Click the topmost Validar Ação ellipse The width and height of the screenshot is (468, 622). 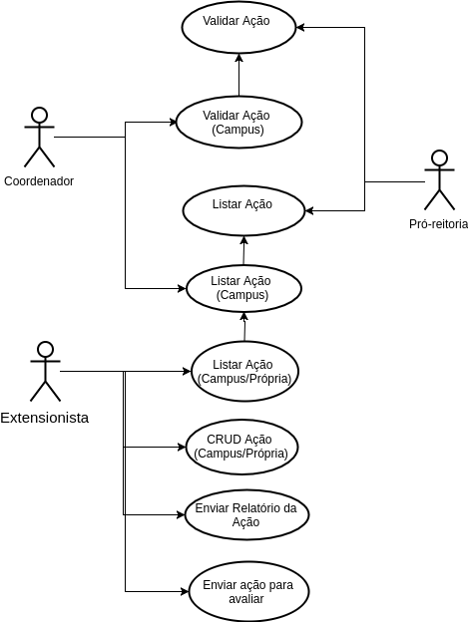(x=238, y=27)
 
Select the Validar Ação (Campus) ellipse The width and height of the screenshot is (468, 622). (x=238, y=123)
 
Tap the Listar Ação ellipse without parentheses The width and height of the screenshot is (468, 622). (x=243, y=210)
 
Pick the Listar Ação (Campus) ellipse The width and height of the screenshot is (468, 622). (x=243, y=288)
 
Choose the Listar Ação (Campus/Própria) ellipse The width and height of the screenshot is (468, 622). (x=244, y=371)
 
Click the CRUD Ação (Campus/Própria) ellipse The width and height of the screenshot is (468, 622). (x=241, y=447)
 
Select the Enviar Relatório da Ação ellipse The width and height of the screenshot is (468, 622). (x=246, y=514)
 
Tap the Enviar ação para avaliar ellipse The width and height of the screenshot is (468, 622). (x=248, y=591)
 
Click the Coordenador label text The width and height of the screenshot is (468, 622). (x=39, y=181)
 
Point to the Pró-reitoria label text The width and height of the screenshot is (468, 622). (x=439, y=224)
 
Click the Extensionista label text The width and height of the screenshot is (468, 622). (x=45, y=418)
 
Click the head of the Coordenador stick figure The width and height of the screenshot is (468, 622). (x=40, y=115)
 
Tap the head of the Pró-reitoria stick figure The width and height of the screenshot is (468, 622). (x=439, y=157)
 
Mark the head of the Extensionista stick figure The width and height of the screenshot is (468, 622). (x=45, y=350)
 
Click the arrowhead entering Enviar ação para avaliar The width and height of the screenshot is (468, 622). (x=185, y=591)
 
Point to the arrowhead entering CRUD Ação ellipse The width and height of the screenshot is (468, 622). (x=183, y=447)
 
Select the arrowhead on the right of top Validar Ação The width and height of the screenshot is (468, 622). (x=300, y=27)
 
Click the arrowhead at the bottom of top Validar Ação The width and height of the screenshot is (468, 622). (x=238, y=58)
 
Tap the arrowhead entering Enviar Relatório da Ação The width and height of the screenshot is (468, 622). (x=181, y=515)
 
